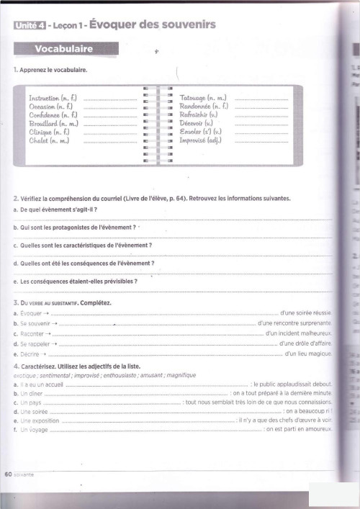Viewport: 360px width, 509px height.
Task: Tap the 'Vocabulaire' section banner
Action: (x=64, y=49)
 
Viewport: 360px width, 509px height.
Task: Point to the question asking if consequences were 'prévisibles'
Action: (x=79, y=281)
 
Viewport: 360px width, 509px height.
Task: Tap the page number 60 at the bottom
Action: (x=8, y=474)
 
